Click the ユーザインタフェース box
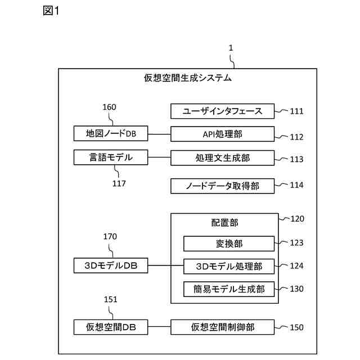[223, 111]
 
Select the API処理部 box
[223, 134]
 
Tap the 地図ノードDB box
[110, 134]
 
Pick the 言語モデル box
[110, 157]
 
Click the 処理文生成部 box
[223, 157]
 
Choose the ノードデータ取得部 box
[223, 185]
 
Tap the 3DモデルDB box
[110, 265]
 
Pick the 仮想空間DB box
[110, 327]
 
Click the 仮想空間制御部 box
[223, 327]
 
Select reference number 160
[110, 107]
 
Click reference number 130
[296, 289]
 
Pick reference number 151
[110, 300]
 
